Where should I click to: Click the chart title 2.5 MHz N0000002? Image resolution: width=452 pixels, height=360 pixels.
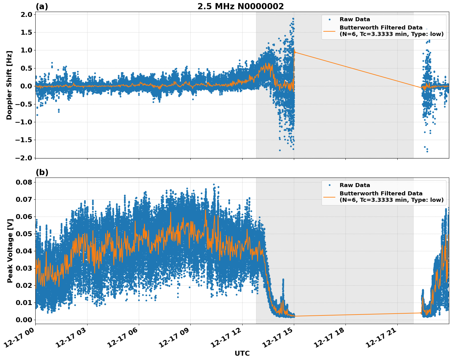click(x=240, y=6)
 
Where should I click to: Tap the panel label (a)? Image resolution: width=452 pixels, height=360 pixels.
click(x=42, y=6)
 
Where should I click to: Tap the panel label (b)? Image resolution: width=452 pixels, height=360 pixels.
click(x=42, y=172)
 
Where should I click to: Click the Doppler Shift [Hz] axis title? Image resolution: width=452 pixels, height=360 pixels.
click(x=9, y=85)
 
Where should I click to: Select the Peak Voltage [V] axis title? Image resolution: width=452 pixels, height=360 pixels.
click(x=10, y=251)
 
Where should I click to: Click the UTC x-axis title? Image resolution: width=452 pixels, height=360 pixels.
click(x=242, y=353)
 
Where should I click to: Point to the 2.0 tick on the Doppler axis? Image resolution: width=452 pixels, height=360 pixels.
click(x=26, y=14)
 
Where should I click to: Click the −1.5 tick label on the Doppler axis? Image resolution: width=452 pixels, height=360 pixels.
click(x=24, y=140)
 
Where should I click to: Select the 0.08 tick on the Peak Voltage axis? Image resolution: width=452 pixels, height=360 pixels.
click(x=24, y=182)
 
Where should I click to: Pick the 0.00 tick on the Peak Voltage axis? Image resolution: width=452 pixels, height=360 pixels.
click(x=24, y=320)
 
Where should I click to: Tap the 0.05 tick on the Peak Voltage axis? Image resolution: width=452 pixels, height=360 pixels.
click(x=24, y=234)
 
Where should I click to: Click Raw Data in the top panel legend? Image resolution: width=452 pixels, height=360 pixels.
click(x=355, y=19)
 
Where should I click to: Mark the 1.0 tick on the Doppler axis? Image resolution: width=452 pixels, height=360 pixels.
click(x=26, y=50)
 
